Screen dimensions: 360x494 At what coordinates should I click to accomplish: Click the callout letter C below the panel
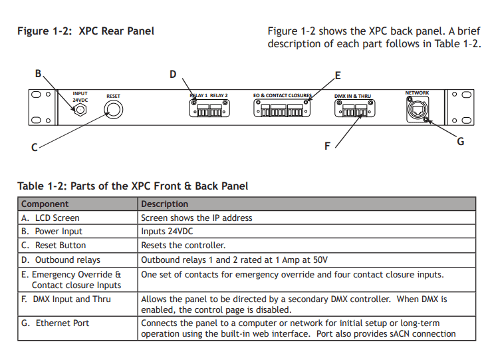click(35, 148)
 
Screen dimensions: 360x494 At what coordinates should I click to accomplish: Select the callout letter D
click(173, 74)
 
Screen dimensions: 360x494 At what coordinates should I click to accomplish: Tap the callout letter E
click(338, 75)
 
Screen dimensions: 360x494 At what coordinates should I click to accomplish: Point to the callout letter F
click(326, 146)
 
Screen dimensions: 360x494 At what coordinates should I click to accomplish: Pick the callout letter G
click(460, 141)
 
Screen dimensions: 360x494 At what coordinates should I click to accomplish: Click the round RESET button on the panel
click(114, 110)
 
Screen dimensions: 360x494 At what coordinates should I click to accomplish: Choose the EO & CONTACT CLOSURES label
click(282, 96)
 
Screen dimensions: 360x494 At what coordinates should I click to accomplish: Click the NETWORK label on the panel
click(417, 93)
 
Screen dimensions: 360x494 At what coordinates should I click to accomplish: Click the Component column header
click(45, 204)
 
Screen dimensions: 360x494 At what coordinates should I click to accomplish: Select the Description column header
click(165, 204)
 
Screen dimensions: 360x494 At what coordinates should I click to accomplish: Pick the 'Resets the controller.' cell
click(184, 246)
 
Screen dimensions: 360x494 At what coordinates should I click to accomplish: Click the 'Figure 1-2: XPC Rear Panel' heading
click(86, 31)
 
